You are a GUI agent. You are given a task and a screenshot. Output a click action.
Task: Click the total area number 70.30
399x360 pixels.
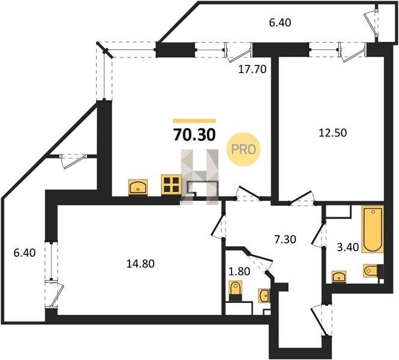click(194, 134)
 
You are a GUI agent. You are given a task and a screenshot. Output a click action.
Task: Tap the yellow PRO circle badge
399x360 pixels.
click(244, 149)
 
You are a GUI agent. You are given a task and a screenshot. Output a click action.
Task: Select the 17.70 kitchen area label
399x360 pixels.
click(252, 69)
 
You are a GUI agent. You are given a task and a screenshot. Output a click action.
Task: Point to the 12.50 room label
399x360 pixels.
click(332, 133)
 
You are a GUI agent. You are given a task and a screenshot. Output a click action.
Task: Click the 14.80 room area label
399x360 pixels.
click(140, 264)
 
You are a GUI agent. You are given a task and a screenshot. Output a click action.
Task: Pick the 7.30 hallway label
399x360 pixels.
click(285, 239)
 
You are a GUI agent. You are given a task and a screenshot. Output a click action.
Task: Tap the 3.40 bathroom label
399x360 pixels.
click(348, 247)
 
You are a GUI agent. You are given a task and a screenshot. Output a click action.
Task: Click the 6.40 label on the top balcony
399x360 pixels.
click(280, 23)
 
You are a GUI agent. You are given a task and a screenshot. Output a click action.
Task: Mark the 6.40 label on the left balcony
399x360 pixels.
click(25, 253)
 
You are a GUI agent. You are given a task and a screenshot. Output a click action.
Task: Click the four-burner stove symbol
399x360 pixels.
click(171, 185)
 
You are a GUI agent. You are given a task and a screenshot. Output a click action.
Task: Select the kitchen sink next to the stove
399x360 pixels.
click(138, 187)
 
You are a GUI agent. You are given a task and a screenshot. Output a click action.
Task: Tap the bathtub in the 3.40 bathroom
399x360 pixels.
click(373, 229)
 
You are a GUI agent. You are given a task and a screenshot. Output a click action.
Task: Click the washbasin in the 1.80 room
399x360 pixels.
click(264, 296)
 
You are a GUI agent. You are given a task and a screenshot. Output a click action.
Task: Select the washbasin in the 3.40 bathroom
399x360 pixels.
click(339, 277)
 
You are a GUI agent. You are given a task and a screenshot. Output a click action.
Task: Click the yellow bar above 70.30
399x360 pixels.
click(194, 121)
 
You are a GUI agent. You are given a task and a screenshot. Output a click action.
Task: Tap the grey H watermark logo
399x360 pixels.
click(199, 177)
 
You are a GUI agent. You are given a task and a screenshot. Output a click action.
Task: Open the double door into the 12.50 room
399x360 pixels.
click(302, 198)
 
